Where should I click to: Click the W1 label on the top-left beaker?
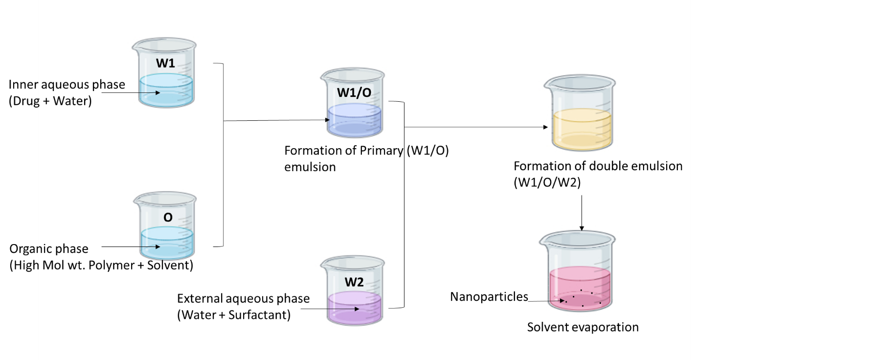point(165,63)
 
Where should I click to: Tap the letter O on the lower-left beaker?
point(168,217)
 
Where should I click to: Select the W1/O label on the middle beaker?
point(354,92)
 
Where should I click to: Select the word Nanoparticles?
point(489,296)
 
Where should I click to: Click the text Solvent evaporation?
point(583,327)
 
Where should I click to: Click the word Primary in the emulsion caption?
point(381,150)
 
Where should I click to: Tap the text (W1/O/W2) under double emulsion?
point(547,182)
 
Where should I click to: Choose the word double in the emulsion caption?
point(611,166)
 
